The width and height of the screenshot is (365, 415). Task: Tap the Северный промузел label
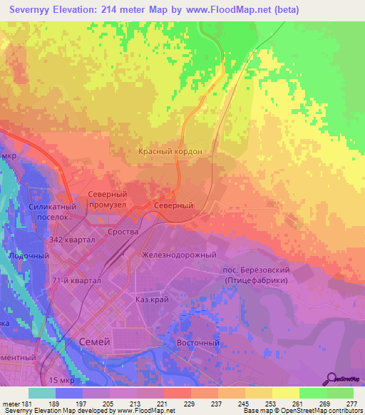click(x=107, y=200)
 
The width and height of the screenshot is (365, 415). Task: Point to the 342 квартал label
click(x=73, y=240)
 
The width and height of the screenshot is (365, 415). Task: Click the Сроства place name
click(x=122, y=232)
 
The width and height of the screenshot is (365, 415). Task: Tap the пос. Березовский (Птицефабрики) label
click(x=256, y=275)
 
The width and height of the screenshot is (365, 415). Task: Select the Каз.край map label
click(x=152, y=300)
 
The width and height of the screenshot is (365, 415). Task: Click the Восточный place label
click(x=197, y=342)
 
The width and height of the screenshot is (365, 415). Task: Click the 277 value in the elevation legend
click(x=352, y=403)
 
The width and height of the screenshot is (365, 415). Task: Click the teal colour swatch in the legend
click(x=41, y=393)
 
